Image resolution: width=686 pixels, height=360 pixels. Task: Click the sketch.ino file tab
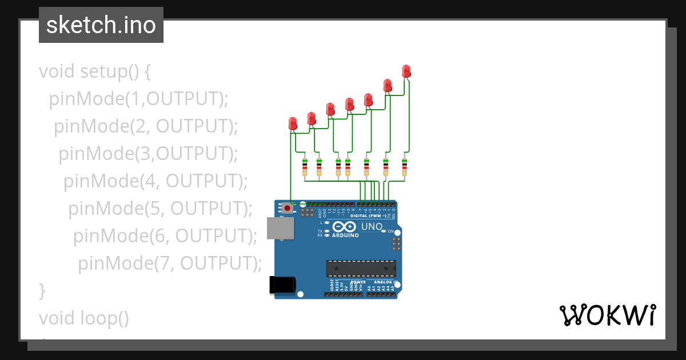click(x=101, y=25)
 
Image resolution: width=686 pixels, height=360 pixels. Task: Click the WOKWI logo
click(x=607, y=315)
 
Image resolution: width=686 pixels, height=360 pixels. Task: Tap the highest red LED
click(x=406, y=71)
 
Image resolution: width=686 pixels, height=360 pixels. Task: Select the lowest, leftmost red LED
click(x=293, y=123)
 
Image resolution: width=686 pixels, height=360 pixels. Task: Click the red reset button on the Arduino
click(x=286, y=209)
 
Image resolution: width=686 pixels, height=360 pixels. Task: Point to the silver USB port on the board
click(x=280, y=228)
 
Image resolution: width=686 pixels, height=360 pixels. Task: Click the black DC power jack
click(x=283, y=285)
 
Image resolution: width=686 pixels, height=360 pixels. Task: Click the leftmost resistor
click(x=305, y=167)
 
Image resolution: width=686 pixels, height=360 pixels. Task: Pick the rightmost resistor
click(x=404, y=167)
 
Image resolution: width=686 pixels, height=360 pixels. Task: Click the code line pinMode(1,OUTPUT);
click(x=138, y=99)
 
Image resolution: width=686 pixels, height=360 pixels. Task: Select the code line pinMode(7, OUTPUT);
click(x=170, y=263)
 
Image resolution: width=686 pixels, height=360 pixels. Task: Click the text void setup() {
click(x=94, y=71)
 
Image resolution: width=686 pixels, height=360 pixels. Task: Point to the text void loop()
click(x=84, y=318)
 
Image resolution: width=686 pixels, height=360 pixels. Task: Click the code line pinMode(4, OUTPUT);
click(x=155, y=181)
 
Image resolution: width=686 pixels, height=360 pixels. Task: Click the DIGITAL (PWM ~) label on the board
click(x=367, y=216)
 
